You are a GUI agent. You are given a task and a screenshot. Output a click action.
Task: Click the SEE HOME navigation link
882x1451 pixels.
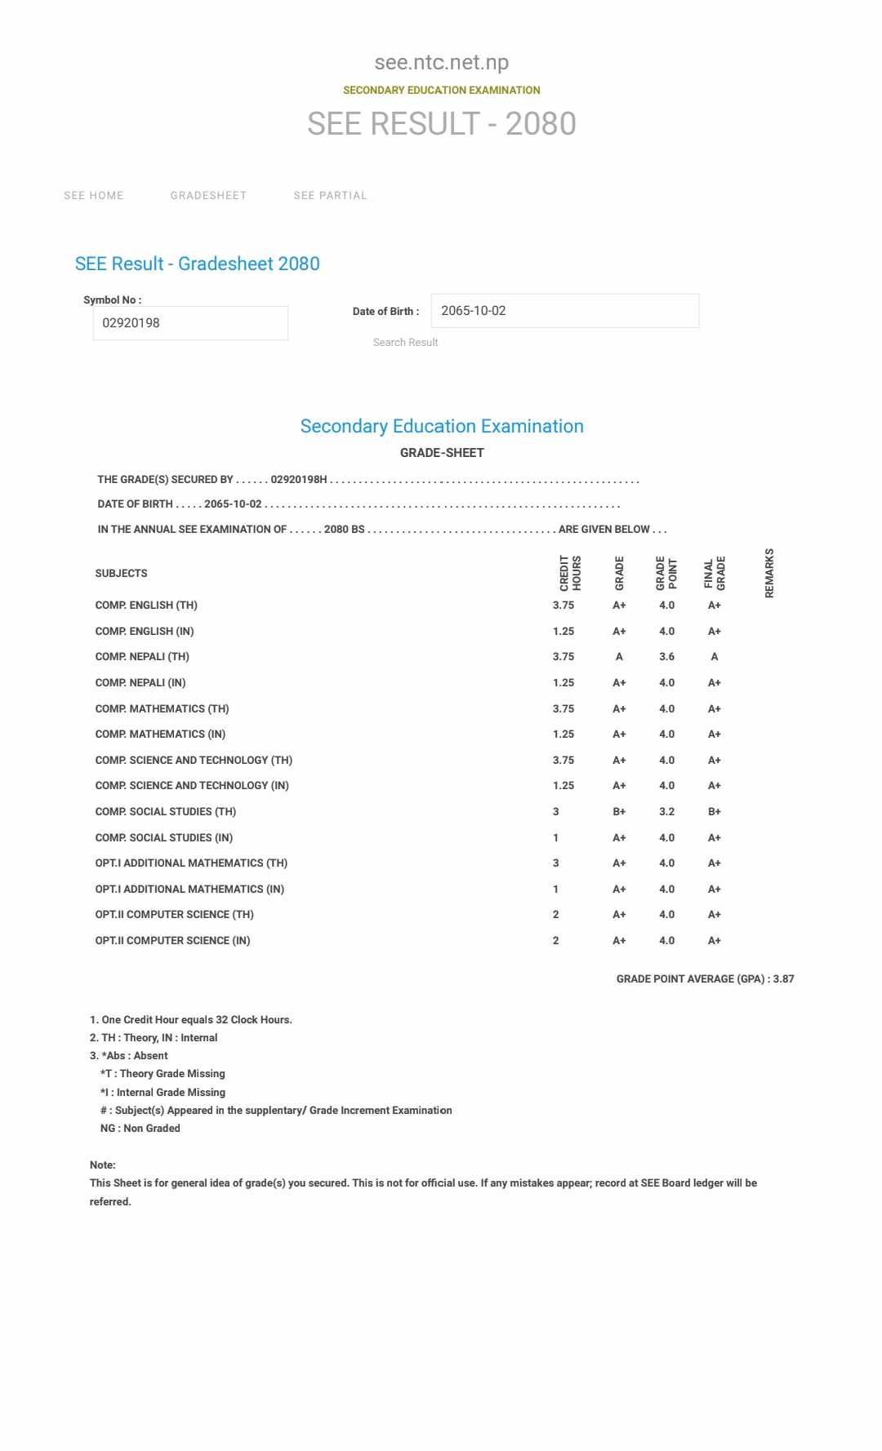(x=94, y=196)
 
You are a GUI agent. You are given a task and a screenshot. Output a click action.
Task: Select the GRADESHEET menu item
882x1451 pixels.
(x=208, y=196)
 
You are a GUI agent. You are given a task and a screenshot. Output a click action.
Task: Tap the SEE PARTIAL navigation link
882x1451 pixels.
(x=330, y=196)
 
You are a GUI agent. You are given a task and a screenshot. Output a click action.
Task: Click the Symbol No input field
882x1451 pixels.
(x=190, y=323)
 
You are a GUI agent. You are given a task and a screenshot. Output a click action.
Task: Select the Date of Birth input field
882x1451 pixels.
(x=564, y=311)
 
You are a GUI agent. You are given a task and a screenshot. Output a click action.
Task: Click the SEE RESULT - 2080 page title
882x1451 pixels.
(x=441, y=124)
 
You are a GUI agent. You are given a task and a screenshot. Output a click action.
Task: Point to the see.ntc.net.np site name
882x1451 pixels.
(x=441, y=63)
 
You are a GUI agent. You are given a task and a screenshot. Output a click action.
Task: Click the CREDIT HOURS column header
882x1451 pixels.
(x=570, y=573)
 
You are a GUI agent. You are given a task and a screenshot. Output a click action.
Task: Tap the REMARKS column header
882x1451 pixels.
(x=769, y=573)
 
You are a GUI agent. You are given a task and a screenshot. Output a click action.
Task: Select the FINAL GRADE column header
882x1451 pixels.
(x=715, y=573)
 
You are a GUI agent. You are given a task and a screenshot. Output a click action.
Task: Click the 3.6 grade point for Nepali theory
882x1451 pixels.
(x=666, y=657)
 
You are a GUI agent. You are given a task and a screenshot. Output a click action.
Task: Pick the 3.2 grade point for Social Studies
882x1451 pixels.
(x=666, y=812)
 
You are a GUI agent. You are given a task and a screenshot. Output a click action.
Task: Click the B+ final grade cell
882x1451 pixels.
(x=715, y=812)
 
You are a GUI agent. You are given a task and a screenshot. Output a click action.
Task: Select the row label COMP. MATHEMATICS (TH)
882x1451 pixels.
(x=162, y=709)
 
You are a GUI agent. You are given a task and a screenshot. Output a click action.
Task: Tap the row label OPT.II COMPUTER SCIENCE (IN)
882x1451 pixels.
(x=172, y=941)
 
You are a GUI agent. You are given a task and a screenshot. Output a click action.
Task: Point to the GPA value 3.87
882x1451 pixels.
(x=783, y=979)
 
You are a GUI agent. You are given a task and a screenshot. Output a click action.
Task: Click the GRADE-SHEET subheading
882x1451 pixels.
(x=442, y=453)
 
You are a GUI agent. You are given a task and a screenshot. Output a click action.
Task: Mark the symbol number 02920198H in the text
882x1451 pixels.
(x=299, y=480)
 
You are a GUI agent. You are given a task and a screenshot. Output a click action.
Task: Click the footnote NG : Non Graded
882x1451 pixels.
(x=140, y=1129)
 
